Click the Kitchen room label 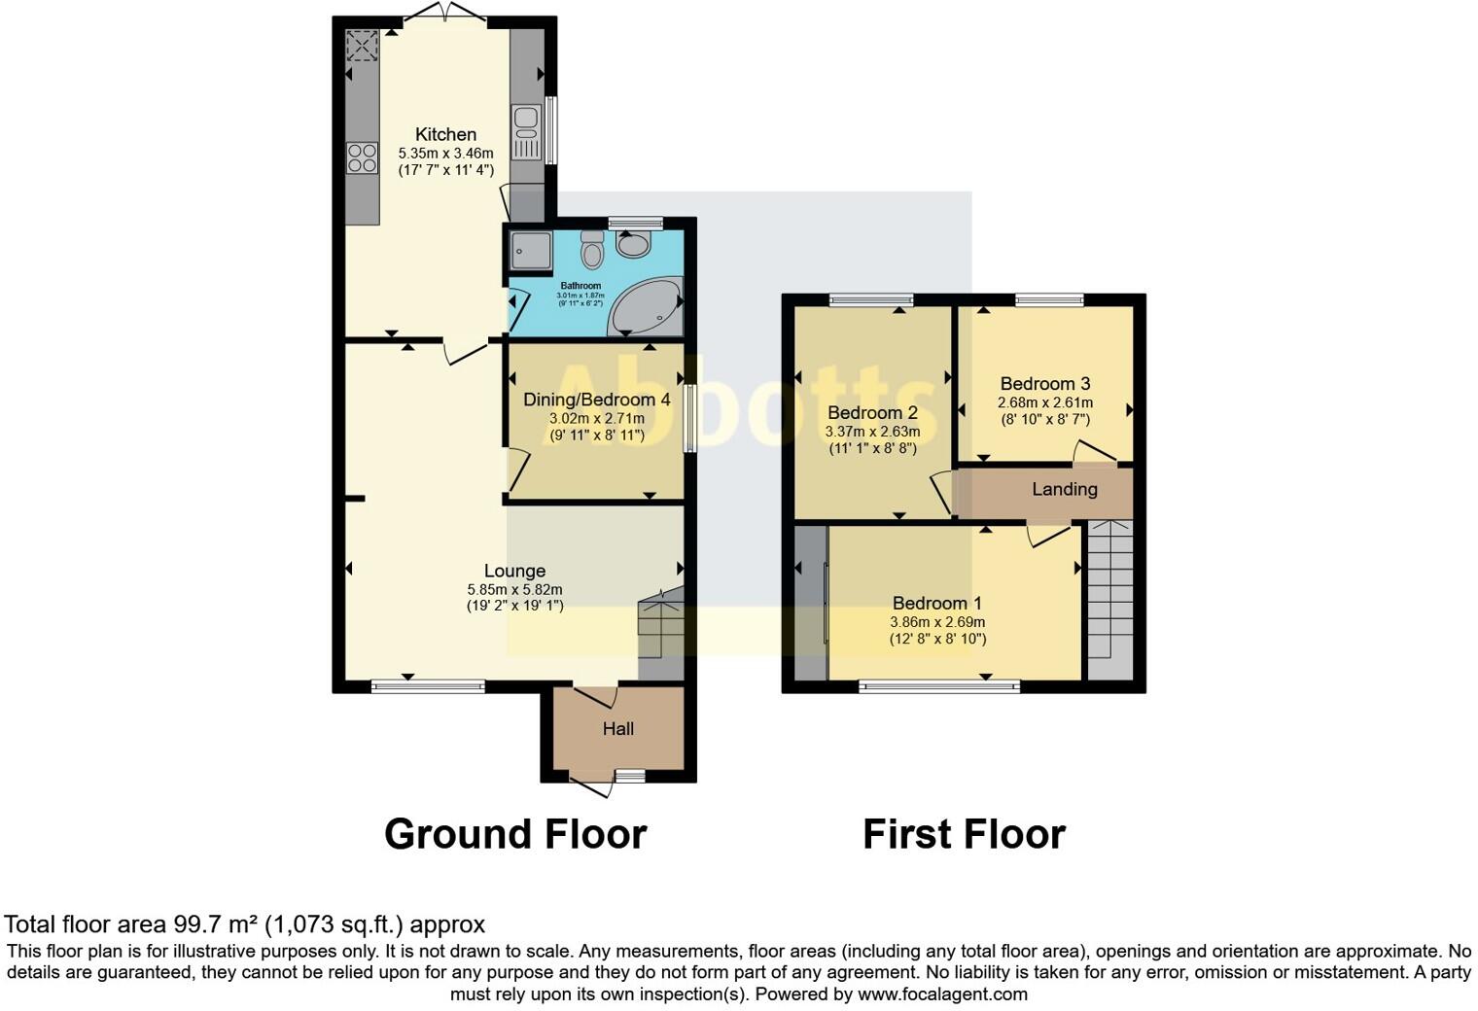click(445, 135)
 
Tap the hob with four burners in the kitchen click(362, 157)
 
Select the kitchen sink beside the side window click(525, 133)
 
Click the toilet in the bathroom click(591, 251)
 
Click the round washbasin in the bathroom click(634, 244)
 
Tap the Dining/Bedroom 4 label click(596, 400)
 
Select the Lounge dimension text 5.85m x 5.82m click(514, 589)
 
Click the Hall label click(618, 729)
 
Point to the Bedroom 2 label click(872, 413)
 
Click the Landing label click(1064, 490)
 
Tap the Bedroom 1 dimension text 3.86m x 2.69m click(936, 622)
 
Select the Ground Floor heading click(515, 834)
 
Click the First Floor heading click(964, 834)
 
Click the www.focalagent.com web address click(941, 994)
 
